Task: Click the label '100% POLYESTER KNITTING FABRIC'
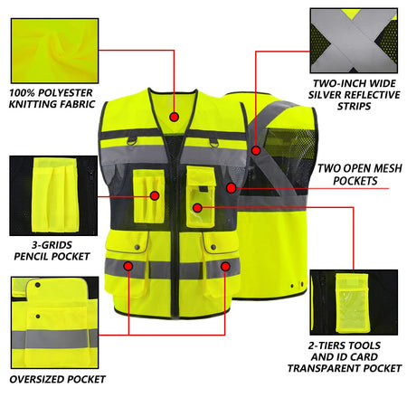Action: (52, 99)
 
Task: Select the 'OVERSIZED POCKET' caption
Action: (56, 378)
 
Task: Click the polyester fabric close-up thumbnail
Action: (51, 41)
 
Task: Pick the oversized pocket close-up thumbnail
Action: (51, 320)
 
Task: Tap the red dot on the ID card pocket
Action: (197, 207)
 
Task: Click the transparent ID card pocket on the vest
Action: (200, 212)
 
